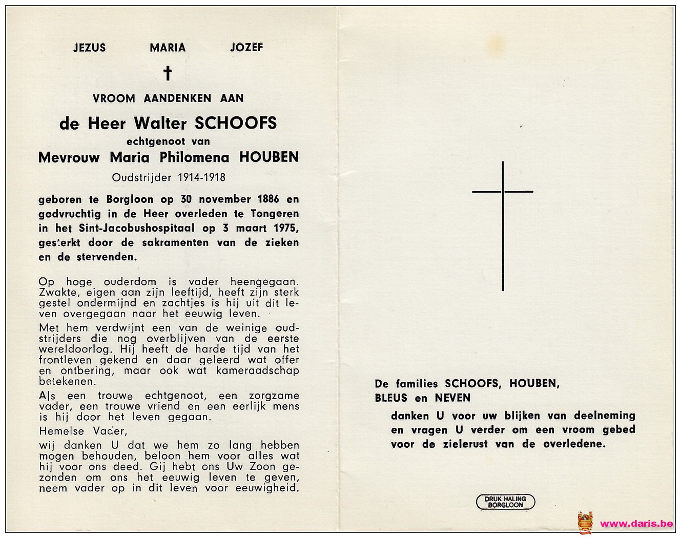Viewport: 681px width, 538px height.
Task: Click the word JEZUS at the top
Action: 89,48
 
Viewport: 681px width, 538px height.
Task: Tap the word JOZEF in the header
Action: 246,48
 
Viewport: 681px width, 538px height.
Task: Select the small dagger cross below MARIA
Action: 168,73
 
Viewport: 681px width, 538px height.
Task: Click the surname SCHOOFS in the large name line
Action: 236,123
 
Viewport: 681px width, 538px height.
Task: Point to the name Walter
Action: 160,123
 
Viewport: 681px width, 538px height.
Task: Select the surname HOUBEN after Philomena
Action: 269,157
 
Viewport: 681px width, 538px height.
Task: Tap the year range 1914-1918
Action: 202,178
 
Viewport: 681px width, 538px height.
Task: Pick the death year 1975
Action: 285,228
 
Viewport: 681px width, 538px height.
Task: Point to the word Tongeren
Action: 275,214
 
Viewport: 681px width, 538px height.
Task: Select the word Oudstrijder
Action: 142,178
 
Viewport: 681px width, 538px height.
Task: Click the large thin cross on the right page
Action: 503,225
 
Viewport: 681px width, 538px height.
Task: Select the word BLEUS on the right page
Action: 391,398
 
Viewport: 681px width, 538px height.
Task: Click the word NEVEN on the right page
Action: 452,398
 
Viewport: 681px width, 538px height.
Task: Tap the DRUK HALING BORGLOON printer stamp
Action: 506,502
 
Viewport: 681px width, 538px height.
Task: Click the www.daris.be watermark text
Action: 636,523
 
